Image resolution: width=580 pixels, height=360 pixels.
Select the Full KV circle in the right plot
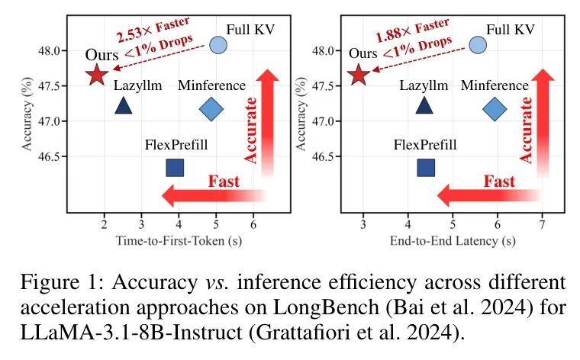click(478, 45)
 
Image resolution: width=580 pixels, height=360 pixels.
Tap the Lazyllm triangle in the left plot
click(123, 106)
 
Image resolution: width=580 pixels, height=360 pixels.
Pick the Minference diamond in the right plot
click(495, 110)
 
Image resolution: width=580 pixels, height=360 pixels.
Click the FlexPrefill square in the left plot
click(175, 167)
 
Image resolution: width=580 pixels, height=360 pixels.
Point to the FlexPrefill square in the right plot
click(427, 167)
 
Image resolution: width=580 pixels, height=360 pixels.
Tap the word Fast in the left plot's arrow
click(224, 182)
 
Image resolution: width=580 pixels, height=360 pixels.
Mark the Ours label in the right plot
click(362, 54)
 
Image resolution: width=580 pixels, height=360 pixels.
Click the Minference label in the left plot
click(211, 85)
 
